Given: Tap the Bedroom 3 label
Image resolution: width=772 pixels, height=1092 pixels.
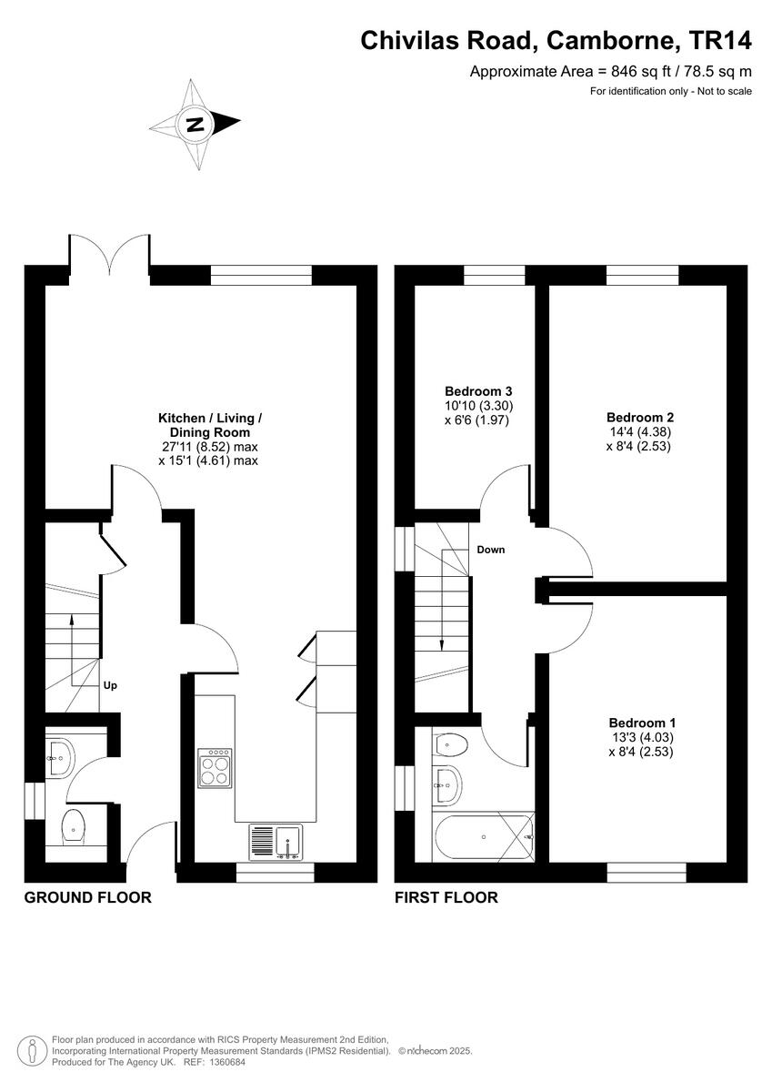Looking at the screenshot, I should click(472, 392).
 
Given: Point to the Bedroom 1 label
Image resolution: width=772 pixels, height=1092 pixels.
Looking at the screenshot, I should click(640, 723).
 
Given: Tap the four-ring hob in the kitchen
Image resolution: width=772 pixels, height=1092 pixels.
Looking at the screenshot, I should click(215, 767).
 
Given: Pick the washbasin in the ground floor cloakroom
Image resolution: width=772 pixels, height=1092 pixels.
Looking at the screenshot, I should click(61, 756).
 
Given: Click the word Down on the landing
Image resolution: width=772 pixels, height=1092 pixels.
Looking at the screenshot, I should click(491, 550).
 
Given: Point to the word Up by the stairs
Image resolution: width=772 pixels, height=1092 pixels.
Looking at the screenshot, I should click(110, 685).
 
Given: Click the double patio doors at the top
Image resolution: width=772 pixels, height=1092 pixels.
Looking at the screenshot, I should click(109, 255).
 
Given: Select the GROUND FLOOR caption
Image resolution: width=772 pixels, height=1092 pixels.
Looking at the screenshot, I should click(87, 897).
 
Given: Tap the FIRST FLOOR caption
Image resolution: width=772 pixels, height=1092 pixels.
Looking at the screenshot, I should click(446, 897).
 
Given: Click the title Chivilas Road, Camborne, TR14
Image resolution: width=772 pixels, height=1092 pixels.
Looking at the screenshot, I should click(556, 40).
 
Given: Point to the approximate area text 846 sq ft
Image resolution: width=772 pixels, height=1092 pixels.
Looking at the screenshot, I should click(610, 71).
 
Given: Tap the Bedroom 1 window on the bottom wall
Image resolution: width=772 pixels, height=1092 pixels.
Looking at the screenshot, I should click(647, 873).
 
